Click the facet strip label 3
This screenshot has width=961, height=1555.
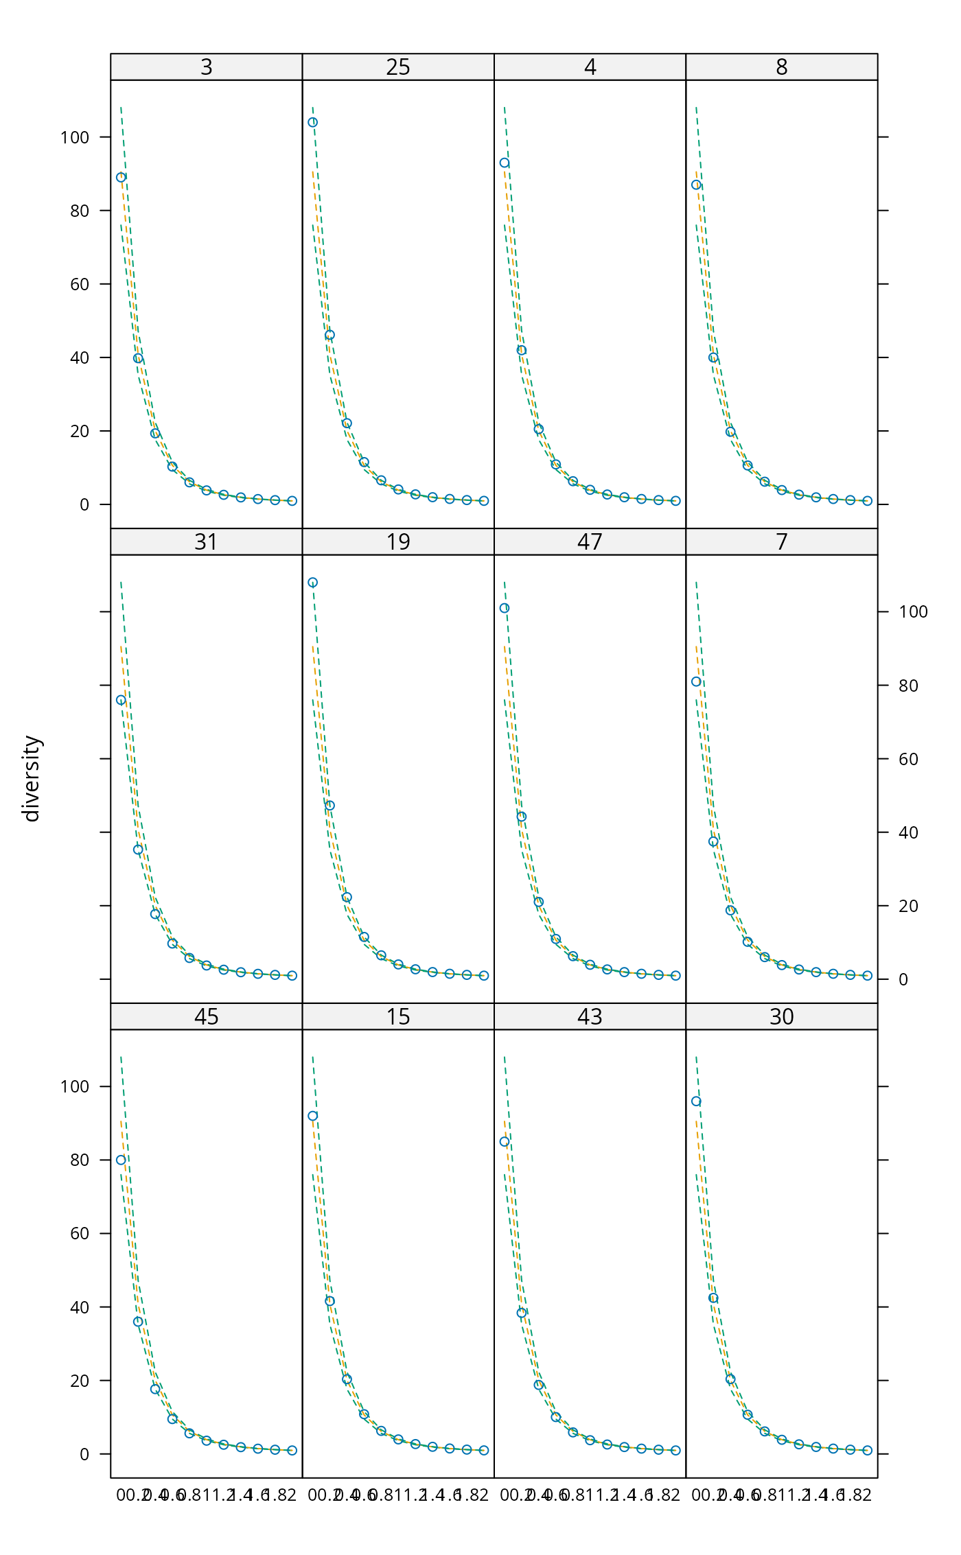coord(206,67)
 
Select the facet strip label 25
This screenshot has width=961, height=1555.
coord(398,67)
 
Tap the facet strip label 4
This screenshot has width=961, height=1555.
coord(590,67)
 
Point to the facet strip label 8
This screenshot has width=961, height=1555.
coord(781,67)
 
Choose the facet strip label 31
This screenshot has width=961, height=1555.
coord(206,542)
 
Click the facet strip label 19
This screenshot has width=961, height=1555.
coord(398,542)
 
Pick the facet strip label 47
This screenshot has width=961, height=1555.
coord(590,542)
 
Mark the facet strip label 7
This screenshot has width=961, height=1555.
coord(781,542)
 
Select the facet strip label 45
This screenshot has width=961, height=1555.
coord(206,1017)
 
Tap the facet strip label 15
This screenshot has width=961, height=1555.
coord(398,1017)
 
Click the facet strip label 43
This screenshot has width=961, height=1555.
coord(590,1017)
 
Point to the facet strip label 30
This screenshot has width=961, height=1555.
coord(781,1017)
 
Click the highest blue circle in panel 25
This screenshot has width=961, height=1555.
coord(312,123)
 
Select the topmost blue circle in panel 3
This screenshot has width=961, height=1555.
coord(121,177)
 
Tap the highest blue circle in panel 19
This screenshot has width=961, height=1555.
coord(312,583)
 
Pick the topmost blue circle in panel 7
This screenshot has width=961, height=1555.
coord(696,681)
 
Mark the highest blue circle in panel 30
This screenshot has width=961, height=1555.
coord(696,1101)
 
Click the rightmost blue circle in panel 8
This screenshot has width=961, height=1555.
coord(868,501)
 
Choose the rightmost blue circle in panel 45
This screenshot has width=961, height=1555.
coord(292,1450)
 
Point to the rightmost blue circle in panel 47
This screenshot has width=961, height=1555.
coord(675,975)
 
